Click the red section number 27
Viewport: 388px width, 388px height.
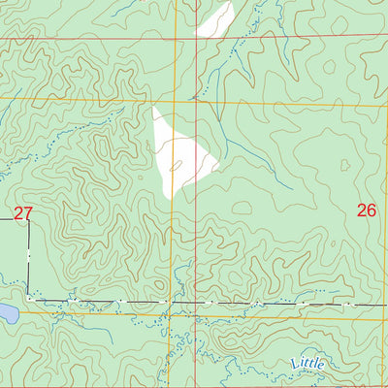pyautogui.click(x=23, y=212)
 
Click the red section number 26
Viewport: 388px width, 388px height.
pyautogui.click(x=366, y=210)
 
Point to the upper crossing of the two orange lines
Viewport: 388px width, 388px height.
pyautogui.click(x=176, y=99)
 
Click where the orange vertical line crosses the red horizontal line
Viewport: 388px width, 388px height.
pyautogui.click(x=176, y=40)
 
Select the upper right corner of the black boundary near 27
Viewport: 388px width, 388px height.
pyautogui.click(x=28, y=219)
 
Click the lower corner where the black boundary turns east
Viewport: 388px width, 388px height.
pyautogui.click(x=28, y=300)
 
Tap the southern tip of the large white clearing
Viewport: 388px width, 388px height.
pyautogui.click(x=169, y=198)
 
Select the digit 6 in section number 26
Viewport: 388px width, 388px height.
pyautogui.click(x=372, y=210)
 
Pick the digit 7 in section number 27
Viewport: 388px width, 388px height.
pyautogui.click(x=29, y=212)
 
